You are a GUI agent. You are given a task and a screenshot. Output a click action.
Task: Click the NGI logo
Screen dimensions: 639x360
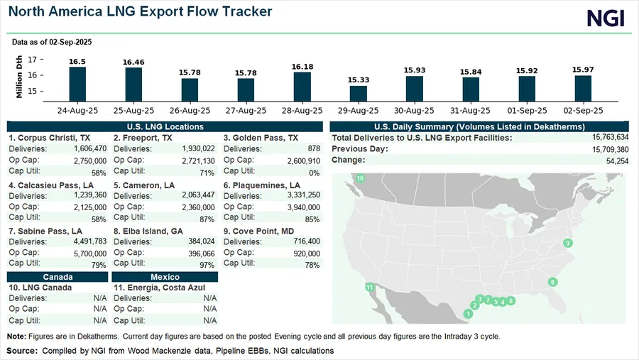[606, 18]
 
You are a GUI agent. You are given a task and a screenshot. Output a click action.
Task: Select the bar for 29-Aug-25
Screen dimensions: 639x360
[359, 93]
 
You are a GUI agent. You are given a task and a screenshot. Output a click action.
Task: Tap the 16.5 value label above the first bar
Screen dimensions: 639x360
[77, 62]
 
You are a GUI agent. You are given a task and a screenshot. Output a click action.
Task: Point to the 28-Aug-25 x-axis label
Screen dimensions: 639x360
[302, 111]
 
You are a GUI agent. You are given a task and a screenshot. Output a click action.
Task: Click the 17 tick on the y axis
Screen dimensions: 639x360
[32, 60]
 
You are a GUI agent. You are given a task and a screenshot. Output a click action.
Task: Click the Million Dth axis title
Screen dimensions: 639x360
[19, 77]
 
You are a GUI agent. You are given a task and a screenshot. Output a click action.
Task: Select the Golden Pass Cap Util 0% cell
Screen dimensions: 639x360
[315, 173]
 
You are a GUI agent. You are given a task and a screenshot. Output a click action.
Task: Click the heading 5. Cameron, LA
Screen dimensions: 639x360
[144, 185]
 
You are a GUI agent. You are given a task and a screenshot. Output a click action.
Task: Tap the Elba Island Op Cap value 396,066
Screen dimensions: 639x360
[202, 253]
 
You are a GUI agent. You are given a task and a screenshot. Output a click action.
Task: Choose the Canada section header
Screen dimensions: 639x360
[58, 277]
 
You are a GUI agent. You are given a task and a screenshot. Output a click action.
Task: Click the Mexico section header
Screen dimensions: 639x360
[165, 277]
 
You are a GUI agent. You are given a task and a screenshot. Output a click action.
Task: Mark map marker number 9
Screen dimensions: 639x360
[568, 243]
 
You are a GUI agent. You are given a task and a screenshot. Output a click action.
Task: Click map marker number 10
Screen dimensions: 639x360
[360, 178]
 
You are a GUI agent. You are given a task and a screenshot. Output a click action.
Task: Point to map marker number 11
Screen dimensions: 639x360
[370, 287]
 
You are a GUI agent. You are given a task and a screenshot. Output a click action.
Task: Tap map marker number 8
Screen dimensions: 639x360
[552, 282]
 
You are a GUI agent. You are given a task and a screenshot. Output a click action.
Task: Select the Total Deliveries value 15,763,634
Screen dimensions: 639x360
[610, 137]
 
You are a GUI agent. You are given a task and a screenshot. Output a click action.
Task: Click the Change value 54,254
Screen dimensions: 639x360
[617, 161]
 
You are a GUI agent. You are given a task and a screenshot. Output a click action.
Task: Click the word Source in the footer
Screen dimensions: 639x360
[22, 351]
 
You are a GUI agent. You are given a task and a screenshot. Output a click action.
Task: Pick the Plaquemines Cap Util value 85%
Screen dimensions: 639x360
[312, 219]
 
